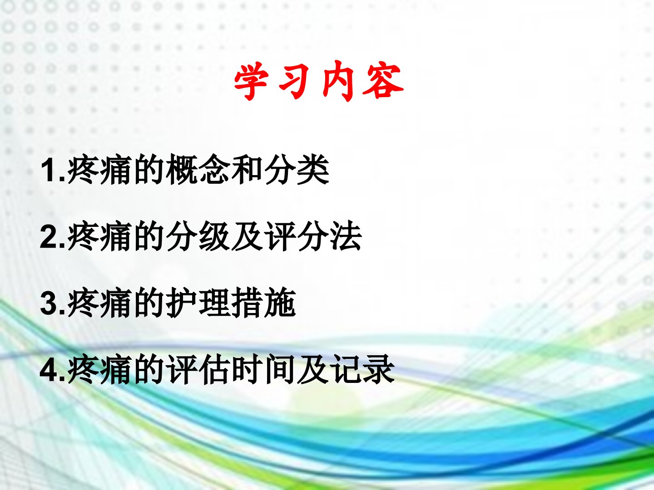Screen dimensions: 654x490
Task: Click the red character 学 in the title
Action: click(x=250, y=81)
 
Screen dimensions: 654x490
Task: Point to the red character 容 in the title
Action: click(x=383, y=81)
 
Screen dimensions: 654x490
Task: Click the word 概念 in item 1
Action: click(x=198, y=170)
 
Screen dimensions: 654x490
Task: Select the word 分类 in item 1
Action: click(x=297, y=170)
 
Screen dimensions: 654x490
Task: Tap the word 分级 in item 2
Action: click(x=198, y=236)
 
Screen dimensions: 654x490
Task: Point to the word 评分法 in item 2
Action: click(x=313, y=236)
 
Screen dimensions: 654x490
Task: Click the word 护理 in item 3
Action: click(x=198, y=303)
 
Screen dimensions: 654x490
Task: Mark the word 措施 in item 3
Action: click(x=263, y=303)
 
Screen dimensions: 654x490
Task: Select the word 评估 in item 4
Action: click(x=198, y=369)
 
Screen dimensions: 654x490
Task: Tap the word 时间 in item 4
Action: click(x=263, y=369)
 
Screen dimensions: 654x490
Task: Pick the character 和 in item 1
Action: click(x=247, y=170)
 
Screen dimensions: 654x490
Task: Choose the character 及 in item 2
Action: click(x=247, y=236)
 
